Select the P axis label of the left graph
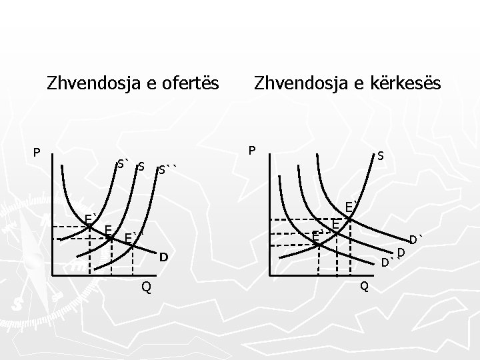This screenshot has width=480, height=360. click(37, 153)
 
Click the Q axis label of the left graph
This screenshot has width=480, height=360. click(145, 287)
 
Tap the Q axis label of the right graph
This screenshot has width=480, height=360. click(363, 287)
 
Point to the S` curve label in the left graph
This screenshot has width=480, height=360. click(123, 163)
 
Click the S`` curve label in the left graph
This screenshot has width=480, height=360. click(169, 170)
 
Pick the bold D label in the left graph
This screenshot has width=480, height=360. click(163, 257)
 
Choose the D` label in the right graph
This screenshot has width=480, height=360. click(417, 239)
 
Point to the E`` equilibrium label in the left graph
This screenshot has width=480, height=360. click(133, 238)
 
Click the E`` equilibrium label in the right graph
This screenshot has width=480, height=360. click(318, 234)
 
